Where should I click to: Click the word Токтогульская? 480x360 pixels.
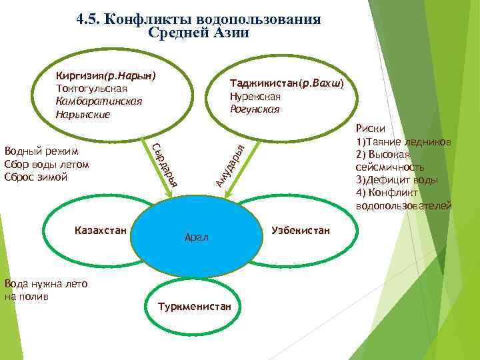(x=92, y=89)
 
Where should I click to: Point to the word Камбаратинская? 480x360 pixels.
(x=99, y=101)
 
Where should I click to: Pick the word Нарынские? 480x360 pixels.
(x=83, y=114)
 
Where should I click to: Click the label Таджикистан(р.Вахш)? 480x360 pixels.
(x=286, y=84)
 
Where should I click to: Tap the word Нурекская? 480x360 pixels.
(x=255, y=97)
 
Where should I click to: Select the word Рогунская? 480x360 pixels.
(x=254, y=109)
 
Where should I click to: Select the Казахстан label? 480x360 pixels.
(x=100, y=230)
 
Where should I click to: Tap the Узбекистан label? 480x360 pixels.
(x=301, y=230)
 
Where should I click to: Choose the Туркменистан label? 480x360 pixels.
(x=194, y=307)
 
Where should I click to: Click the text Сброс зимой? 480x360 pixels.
(x=35, y=177)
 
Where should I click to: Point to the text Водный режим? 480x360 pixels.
(x=41, y=151)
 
